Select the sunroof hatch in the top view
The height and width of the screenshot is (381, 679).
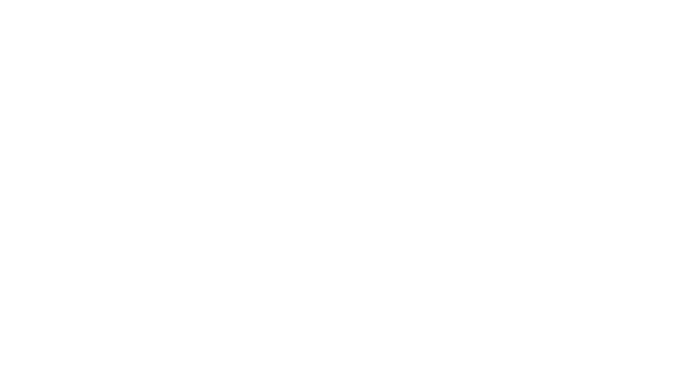tap(240, 281)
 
